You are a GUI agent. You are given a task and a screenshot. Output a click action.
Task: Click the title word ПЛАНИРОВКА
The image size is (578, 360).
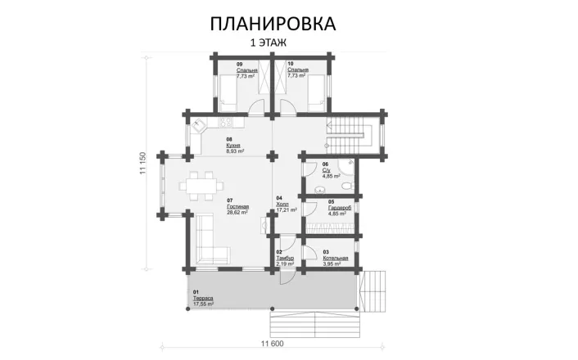pos(272,22)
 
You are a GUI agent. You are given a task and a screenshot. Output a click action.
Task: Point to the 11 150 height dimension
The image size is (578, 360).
pos(142,164)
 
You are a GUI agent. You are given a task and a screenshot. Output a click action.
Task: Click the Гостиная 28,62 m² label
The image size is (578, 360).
pos(237,208)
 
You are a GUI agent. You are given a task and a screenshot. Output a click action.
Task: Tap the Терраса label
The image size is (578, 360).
pos(204,299)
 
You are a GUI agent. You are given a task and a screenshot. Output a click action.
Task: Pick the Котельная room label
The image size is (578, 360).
pos(335,259)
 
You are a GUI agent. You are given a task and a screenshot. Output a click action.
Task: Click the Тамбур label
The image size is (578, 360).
pos(285,259)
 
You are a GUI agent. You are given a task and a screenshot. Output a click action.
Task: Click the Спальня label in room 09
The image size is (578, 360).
pos(246,70)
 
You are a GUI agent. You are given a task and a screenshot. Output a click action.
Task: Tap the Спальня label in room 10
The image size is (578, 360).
pos(297,70)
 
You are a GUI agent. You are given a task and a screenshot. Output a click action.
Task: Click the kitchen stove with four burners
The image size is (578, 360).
pos(227,123)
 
